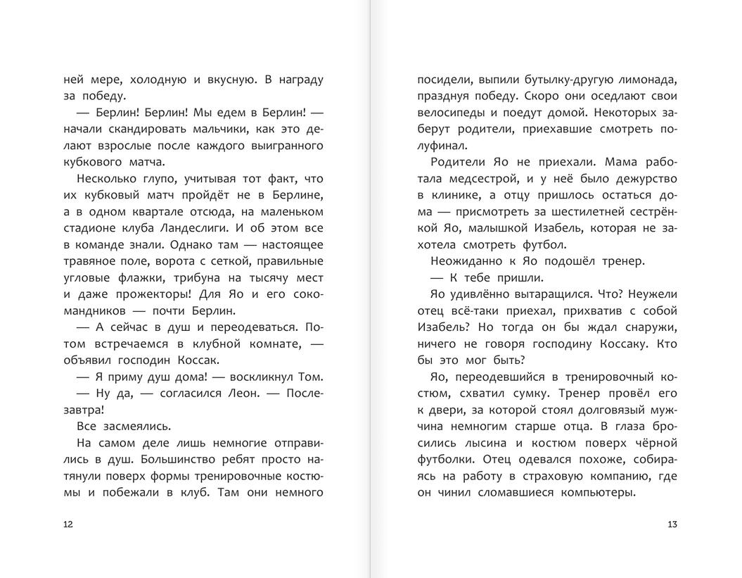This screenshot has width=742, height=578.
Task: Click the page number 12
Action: pyautogui.click(x=68, y=524)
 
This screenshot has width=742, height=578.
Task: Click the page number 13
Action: pyautogui.click(x=672, y=524)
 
